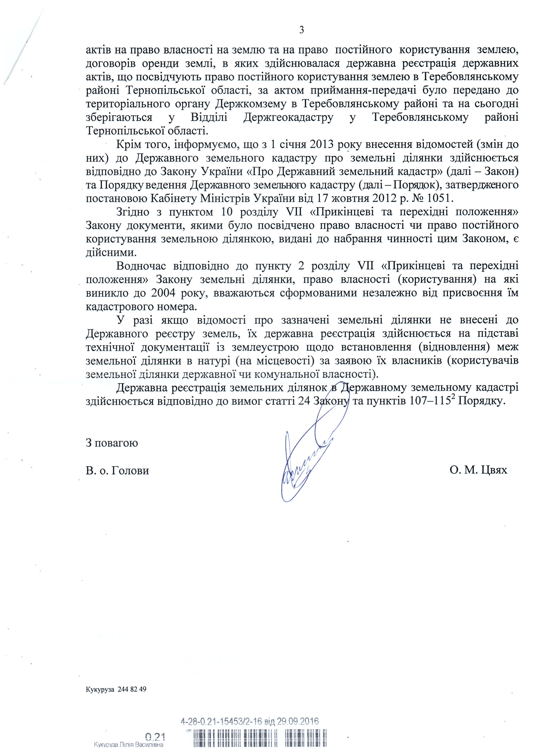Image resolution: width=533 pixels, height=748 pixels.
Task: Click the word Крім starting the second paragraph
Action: [128, 145]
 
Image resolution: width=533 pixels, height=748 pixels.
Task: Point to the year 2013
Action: [322, 145]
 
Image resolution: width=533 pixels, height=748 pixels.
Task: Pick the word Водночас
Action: [141, 266]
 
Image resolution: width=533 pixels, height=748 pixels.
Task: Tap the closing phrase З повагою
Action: [112, 443]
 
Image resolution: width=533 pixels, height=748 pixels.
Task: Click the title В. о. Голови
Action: [117, 471]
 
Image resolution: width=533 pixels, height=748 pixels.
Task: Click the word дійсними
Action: [111, 253]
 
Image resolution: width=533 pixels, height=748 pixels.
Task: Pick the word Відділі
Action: [209, 118]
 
